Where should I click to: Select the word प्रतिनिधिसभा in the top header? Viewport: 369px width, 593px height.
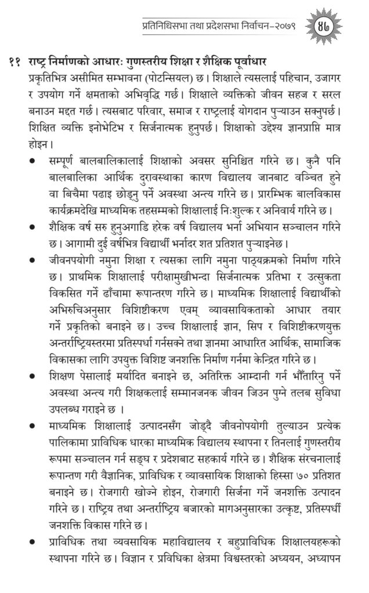coord(168,25)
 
